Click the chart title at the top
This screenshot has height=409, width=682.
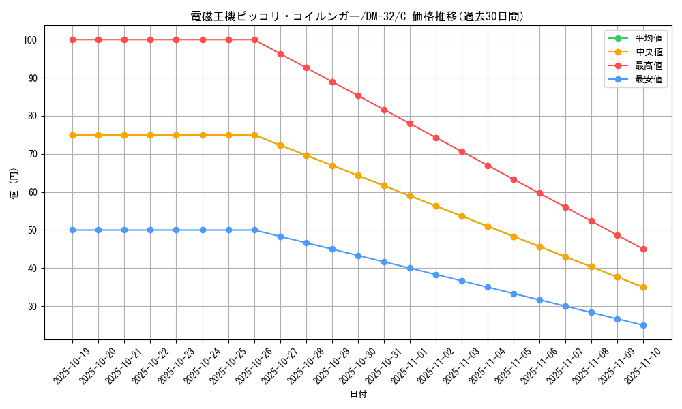pos(357,16)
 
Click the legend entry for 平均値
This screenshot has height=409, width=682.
pos(648,38)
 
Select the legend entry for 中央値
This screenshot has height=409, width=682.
pos(648,52)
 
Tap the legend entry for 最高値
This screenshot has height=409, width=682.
pos(648,65)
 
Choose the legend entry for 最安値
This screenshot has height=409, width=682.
pos(648,79)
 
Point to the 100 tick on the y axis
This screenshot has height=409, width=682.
pos(31,40)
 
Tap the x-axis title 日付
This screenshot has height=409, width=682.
pos(357,395)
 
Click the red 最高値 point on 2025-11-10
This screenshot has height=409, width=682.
pos(643,249)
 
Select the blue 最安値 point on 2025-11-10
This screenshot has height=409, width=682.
pos(643,325)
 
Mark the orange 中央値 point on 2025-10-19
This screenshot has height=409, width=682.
pos(72,135)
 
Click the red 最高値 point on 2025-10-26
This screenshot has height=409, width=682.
pos(254,40)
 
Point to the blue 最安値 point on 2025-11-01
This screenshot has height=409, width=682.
pos(410,268)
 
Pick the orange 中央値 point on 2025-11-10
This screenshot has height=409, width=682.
pos(643,287)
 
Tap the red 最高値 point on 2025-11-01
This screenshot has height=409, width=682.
pos(410,123)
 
